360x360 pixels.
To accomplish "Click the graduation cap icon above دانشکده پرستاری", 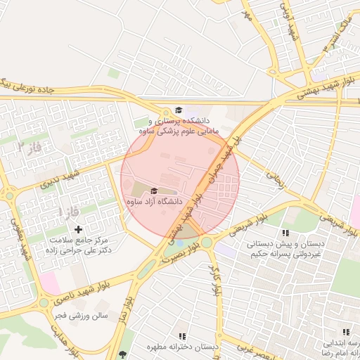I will coord(179,110).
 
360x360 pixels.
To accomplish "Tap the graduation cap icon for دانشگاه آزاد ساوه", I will coord(154,191).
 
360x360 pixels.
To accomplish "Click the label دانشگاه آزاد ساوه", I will coord(154,202).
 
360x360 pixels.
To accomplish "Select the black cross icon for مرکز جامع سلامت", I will coord(78,229).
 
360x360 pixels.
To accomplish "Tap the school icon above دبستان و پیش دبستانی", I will coord(285,233).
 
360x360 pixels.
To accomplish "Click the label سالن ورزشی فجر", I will coord(84,316).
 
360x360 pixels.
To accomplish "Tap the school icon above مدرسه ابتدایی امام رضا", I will coord(345,332).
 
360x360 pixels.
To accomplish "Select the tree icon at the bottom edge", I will coord(124,354).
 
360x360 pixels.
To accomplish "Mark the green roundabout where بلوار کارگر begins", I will coord(207,243).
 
